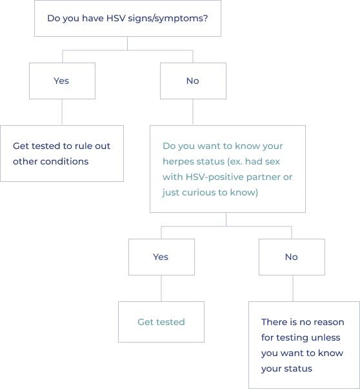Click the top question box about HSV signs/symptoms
pos(127,18)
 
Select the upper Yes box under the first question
pos(61,81)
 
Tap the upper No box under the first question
pos(192,81)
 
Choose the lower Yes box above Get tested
pos(161,257)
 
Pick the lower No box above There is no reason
pos(291,257)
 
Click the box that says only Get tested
pos(161,322)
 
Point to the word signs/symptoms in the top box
pos(174,18)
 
